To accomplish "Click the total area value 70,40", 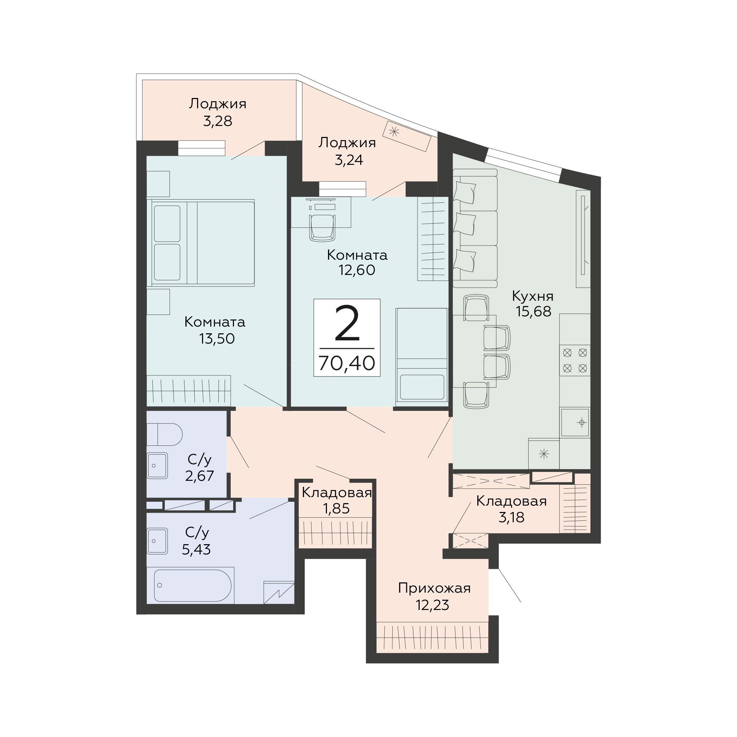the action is coord(347,363).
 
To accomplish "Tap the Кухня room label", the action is coord(532,296).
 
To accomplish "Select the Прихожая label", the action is coord(434,589).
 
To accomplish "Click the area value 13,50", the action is coord(217,339).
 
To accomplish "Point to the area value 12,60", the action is coord(357,270).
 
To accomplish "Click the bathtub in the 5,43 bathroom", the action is coord(192,586).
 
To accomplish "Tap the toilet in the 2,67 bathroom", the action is coord(165,434).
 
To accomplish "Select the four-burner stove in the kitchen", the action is coord(575,361).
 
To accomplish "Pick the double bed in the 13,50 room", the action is coord(201,243).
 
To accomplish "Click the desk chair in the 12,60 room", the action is coord(323,228).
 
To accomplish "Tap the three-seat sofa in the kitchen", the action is coord(475,228).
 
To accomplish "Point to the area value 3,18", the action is coord(511,517).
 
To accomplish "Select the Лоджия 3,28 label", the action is coord(218,112).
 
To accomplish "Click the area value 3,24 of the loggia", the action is coord(349,160).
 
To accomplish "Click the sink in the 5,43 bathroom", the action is coord(157,541).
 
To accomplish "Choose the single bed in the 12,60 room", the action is coord(421,357).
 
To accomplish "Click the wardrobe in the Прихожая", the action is coord(432,638).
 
